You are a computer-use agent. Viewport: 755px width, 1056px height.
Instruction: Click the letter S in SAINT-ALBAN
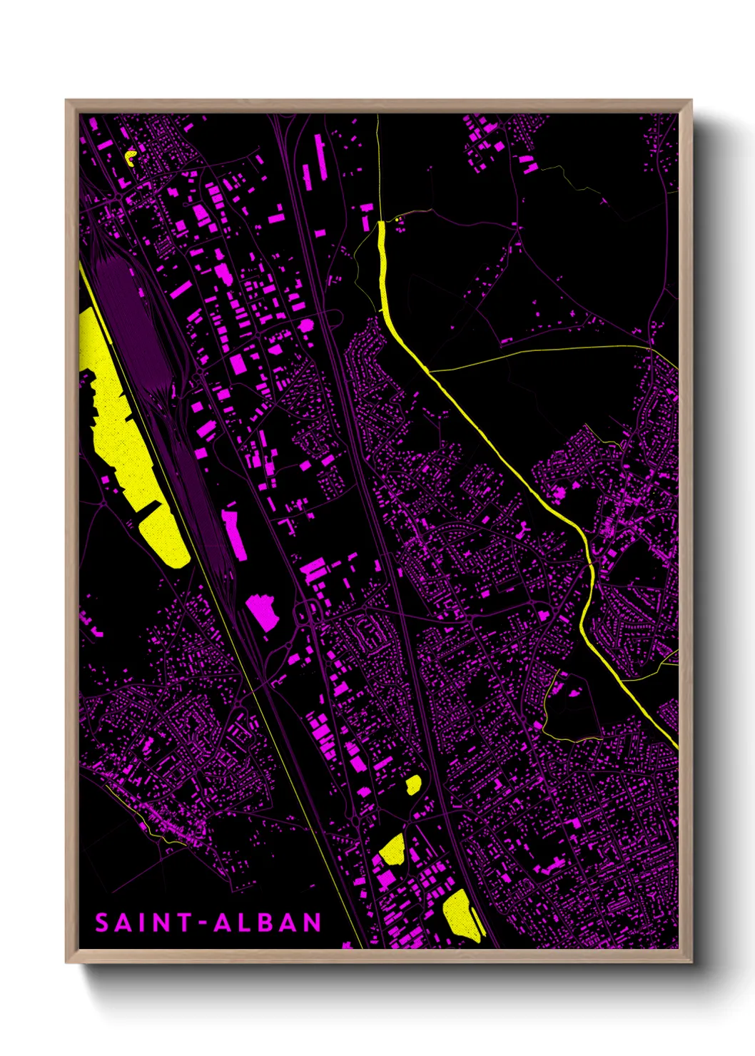tap(101, 923)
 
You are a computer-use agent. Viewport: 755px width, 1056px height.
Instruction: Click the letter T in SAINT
tap(184, 923)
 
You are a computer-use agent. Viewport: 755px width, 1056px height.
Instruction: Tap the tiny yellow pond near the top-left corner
tap(130, 156)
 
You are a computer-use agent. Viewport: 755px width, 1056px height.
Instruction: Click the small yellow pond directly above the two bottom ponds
tap(413, 785)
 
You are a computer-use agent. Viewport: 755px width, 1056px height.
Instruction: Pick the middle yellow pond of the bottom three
tap(392, 849)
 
